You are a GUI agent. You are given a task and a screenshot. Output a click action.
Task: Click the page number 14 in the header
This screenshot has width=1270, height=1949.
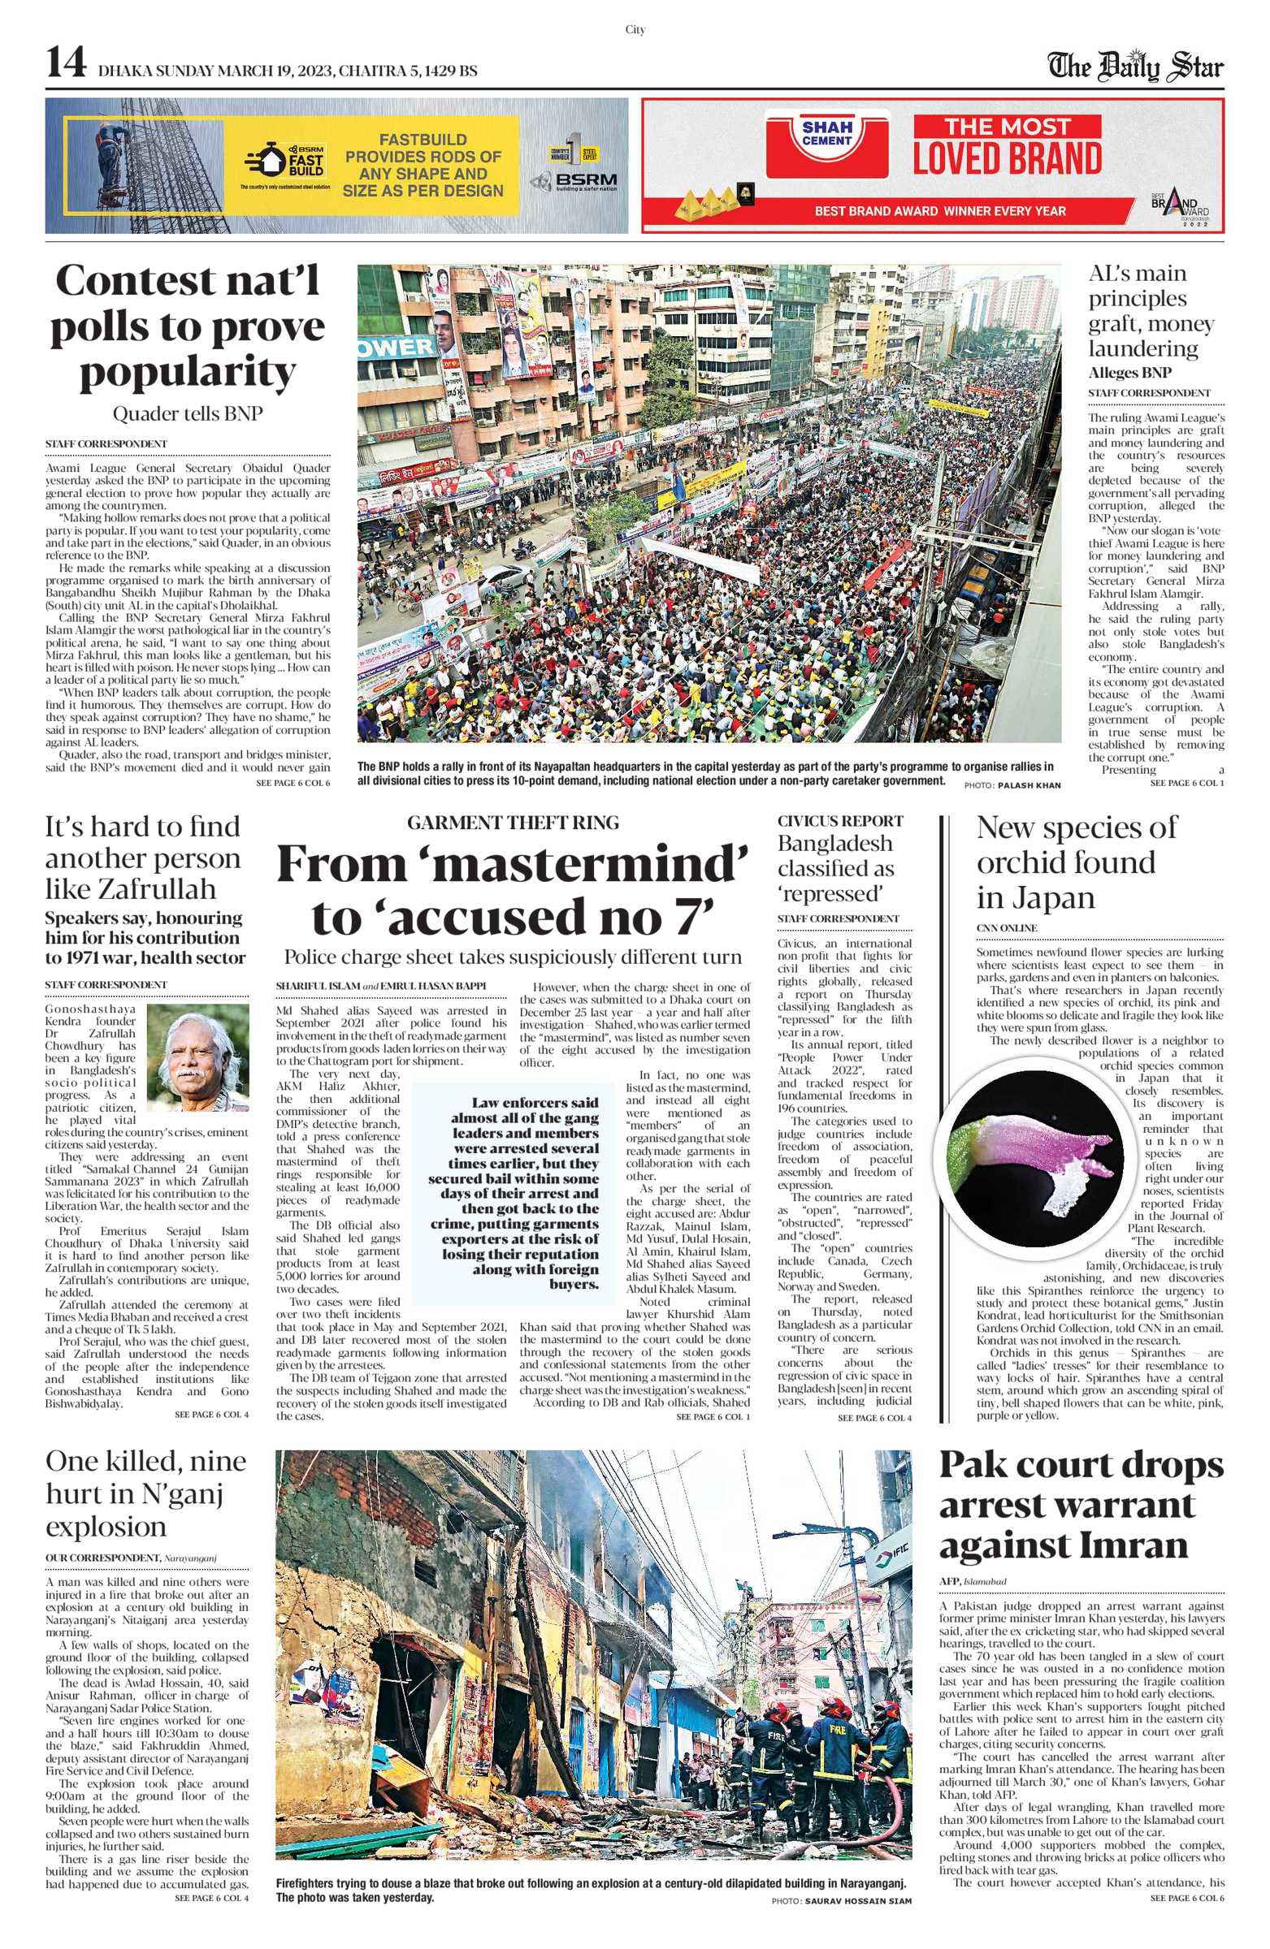click(x=66, y=63)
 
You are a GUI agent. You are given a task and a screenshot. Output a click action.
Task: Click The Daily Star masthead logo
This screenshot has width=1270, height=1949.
click(x=1136, y=67)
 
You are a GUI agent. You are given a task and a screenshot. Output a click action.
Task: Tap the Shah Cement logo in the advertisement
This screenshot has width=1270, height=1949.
click(x=826, y=134)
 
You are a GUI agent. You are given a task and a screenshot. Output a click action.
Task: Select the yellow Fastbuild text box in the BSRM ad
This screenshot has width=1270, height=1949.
click(x=423, y=166)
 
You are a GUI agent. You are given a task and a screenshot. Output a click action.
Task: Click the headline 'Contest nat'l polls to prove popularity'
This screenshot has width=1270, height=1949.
click(x=188, y=326)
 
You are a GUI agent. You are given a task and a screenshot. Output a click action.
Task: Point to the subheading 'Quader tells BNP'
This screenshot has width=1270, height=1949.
click(x=188, y=414)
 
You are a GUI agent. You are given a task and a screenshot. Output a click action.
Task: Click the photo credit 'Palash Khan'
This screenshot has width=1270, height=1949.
click(x=1029, y=785)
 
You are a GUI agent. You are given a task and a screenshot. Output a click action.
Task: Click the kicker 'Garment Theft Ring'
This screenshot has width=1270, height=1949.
click(x=513, y=823)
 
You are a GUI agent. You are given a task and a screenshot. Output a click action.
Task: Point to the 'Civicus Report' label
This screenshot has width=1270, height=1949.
click(x=840, y=821)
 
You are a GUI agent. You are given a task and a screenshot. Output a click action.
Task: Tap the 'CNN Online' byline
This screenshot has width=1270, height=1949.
click(x=1006, y=928)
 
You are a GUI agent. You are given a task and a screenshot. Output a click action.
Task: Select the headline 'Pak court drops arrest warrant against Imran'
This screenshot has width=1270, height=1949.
click(x=1081, y=1505)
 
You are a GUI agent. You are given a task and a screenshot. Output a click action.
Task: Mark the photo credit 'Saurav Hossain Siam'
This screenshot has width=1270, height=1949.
click(x=857, y=1901)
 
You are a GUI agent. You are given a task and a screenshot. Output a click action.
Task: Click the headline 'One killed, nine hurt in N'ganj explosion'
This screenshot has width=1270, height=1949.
click(x=145, y=1493)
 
